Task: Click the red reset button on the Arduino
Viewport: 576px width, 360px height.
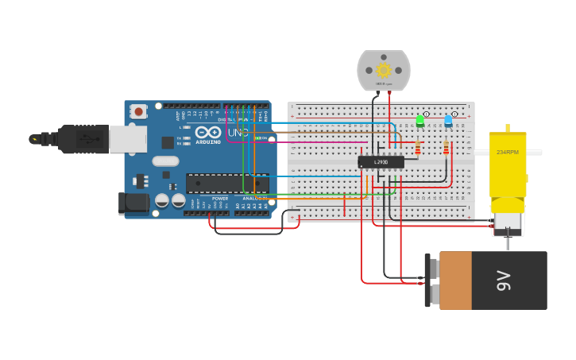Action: coord(139,111)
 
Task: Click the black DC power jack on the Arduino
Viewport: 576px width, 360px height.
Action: coord(133,203)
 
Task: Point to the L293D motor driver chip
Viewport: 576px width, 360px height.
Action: coord(381,162)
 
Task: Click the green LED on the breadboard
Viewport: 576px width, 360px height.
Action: coord(420,121)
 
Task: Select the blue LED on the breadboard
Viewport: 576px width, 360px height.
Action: coord(448,122)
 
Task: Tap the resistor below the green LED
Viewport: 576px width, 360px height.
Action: coord(419,147)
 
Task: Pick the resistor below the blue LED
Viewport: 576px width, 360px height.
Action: coord(446,148)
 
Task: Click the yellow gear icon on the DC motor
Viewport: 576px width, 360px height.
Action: coord(384,70)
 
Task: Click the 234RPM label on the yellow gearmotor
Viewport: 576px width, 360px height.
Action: coord(507,152)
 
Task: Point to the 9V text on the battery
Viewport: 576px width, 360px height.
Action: coord(503,281)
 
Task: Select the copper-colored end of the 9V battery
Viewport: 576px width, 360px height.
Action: coord(455,281)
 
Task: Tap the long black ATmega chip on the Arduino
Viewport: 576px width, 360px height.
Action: coord(226,183)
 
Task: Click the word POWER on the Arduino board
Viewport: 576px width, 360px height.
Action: coord(220,198)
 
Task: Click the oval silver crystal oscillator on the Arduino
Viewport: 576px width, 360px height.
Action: coord(165,161)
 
